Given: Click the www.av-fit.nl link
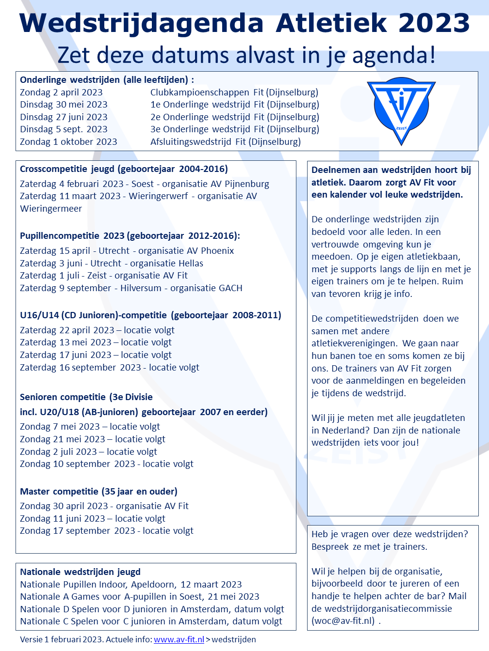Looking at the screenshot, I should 179,639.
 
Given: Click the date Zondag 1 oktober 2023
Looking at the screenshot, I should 68,141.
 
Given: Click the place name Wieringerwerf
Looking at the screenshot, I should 158,196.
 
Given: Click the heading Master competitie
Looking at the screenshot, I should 59,491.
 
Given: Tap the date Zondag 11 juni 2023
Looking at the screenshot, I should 63,518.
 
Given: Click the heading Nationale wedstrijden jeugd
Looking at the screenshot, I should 80,572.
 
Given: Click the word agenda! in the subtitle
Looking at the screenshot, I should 394,55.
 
